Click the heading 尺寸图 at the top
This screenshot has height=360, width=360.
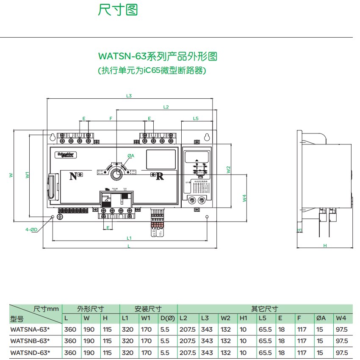point(118,10)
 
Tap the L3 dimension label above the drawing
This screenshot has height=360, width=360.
point(129,96)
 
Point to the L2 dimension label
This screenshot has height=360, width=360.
point(166,107)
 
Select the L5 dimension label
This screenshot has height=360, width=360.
point(195,119)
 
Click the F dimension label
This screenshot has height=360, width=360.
point(111,118)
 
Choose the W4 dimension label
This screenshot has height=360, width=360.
point(244,197)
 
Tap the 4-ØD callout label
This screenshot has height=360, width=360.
point(31,230)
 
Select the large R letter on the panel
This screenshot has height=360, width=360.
point(160,177)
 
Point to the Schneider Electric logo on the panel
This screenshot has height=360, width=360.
point(66,155)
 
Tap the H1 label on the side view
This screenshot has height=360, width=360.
point(299,230)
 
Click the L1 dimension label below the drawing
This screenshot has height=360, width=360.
point(129,238)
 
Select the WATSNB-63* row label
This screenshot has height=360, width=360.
point(30,341)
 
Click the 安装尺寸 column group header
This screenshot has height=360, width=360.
point(148,309)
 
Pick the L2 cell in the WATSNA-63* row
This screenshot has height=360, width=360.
point(187,330)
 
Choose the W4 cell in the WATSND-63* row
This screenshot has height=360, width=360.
point(341,352)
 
